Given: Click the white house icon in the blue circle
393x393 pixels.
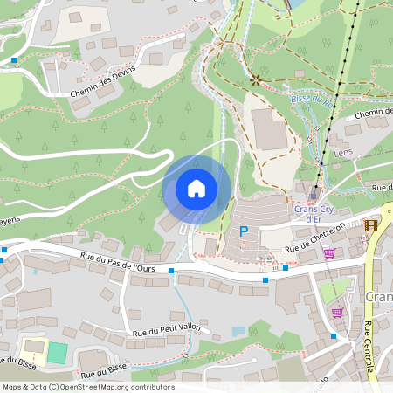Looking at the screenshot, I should tap(196, 189).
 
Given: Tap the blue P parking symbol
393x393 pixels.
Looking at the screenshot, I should tap(244, 231).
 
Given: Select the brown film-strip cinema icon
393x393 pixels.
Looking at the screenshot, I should tap(372, 225).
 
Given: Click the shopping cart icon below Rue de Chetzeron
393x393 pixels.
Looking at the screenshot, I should tap(329, 253).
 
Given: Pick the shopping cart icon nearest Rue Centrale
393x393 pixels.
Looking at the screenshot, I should tap(337, 312).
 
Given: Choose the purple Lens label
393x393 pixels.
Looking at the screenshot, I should tap(342, 153).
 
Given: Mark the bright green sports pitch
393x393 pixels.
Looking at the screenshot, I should tap(57, 353).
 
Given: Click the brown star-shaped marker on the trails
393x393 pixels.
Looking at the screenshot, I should tap(256, 80).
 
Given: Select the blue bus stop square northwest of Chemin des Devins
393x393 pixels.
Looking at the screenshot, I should tap(15, 60).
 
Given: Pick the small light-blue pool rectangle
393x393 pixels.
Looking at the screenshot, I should tap(238, 331).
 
